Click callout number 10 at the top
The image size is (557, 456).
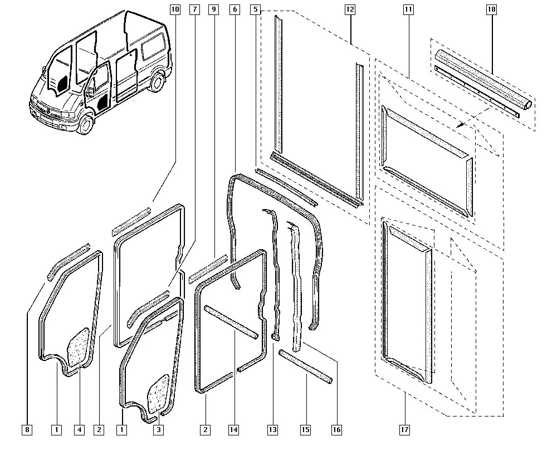(x=175, y=9)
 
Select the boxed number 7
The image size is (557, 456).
(x=194, y=9)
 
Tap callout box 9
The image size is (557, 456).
(x=214, y=9)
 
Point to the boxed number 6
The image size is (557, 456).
(x=234, y=9)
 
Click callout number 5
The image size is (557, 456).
(x=255, y=9)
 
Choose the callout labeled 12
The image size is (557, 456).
(x=350, y=9)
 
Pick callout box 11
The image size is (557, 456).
(x=409, y=9)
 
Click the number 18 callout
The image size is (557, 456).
(x=491, y=9)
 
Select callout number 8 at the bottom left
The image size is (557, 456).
(x=27, y=429)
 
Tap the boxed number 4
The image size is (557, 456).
(x=80, y=429)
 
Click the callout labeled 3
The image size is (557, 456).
(x=158, y=429)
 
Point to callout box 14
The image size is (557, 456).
(x=234, y=429)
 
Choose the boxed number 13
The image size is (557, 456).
(x=272, y=429)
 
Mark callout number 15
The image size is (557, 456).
(x=305, y=429)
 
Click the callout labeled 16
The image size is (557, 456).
(x=336, y=429)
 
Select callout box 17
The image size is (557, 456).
(x=404, y=429)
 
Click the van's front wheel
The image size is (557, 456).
(x=85, y=123)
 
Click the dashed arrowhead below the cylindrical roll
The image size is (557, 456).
(x=458, y=127)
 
